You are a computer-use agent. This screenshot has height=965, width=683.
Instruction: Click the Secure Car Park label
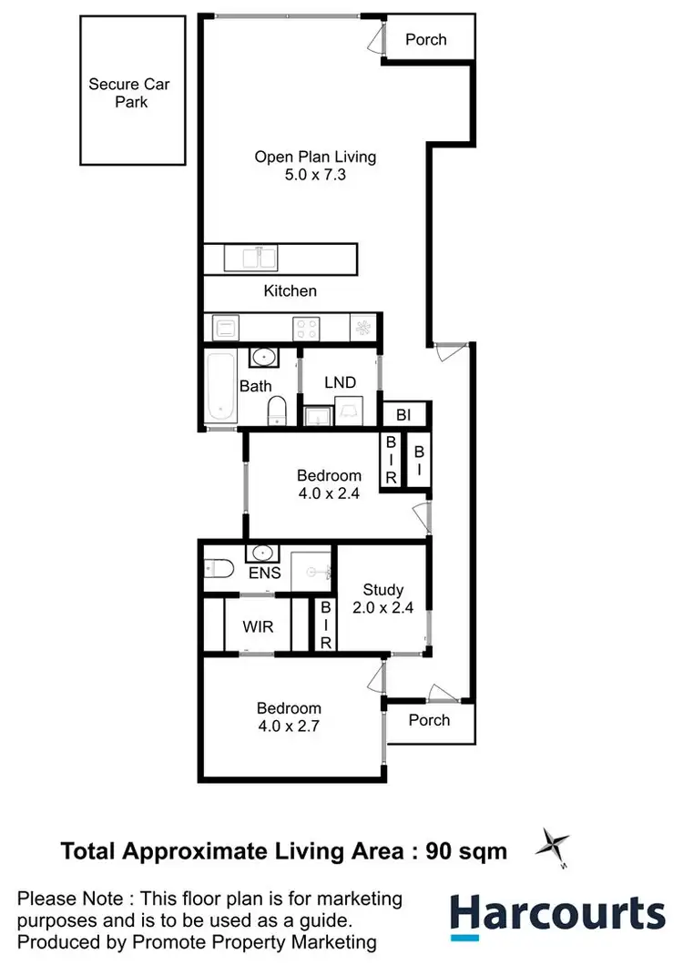click(129, 93)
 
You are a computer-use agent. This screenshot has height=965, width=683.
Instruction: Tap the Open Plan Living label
click(314, 165)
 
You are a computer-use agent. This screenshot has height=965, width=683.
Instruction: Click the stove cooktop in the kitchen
click(304, 327)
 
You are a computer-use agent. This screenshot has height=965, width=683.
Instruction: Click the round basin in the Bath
click(263, 356)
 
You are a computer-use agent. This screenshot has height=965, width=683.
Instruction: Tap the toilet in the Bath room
click(278, 411)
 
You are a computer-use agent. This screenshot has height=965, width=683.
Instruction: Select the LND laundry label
click(340, 381)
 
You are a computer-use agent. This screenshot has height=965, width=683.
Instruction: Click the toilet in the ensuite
click(217, 568)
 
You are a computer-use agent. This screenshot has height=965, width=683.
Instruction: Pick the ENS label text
click(264, 574)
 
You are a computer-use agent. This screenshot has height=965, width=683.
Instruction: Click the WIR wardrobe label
click(257, 627)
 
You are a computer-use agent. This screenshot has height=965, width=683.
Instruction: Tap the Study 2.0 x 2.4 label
click(382, 598)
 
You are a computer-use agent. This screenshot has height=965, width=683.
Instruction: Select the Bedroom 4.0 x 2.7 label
click(289, 716)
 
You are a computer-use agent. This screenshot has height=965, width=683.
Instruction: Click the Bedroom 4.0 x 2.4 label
click(329, 483)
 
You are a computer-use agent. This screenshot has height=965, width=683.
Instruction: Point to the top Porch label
click(426, 39)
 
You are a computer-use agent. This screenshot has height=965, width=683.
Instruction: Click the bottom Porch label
click(429, 720)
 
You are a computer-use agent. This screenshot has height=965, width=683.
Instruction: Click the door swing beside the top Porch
click(374, 39)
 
